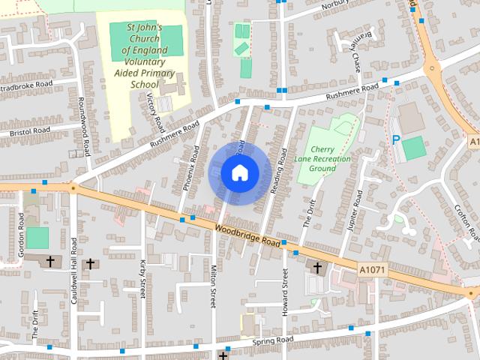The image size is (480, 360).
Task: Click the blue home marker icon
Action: pyautogui.click(x=239, y=172)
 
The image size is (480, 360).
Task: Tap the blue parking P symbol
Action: pyautogui.click(x=395, y=139)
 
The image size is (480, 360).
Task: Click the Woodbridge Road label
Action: pyautogui.click(x=247, y=236)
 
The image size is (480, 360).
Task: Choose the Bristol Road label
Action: pyautogui.click(x=30, y=131)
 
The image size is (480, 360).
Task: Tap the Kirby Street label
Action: pyautogui.click(x=142, y=279)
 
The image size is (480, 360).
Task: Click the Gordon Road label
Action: pyautogui.click(x=21, y=235)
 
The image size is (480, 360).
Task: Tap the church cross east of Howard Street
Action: pyautogui.click(x=316, y=267)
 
